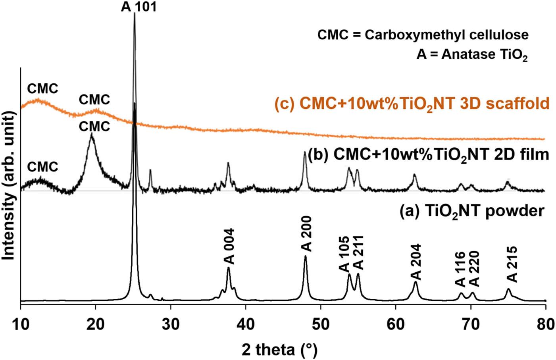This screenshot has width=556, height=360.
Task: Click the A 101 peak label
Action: click(139, 7)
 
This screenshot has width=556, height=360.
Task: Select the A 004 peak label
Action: click(229, 246)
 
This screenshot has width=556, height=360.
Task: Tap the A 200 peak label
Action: click(307, 234)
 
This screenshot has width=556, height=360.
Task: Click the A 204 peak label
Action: click(416, 262)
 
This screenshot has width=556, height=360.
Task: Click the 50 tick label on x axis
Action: click(321, 325)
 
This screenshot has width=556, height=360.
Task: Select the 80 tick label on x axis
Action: click(546, 325)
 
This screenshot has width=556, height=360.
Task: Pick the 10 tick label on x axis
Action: click(20, 325)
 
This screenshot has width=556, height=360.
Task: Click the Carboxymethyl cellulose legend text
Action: click(423, 35)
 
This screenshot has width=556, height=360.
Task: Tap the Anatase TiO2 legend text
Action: click(472, 54)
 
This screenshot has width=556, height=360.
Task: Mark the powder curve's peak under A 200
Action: click(305, 257)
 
